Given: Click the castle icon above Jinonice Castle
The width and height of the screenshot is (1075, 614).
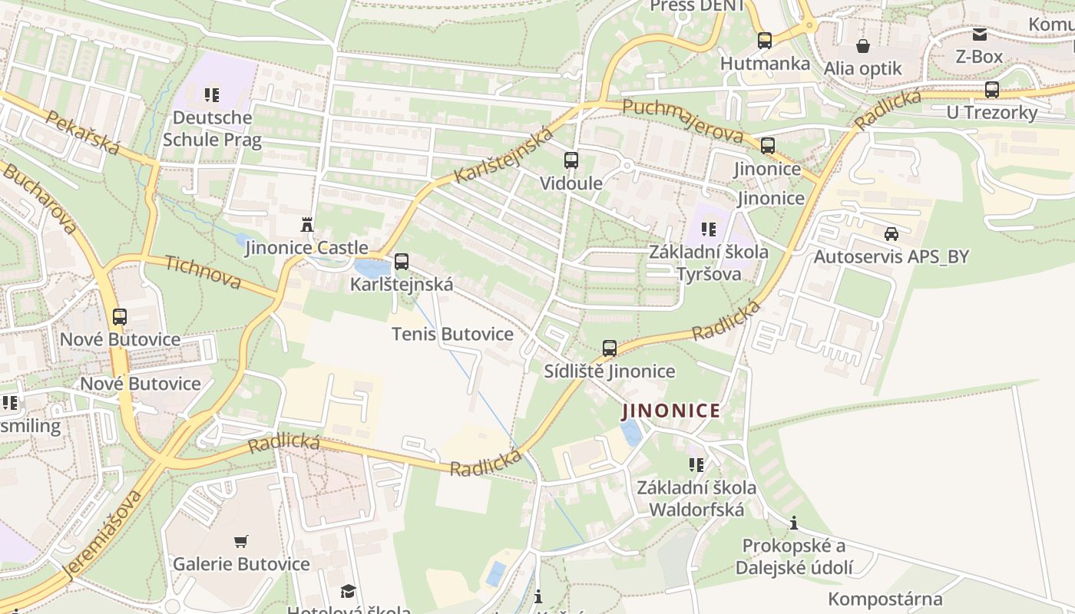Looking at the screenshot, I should point(307,224).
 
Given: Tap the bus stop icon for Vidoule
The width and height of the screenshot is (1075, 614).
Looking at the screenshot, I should point(571,160).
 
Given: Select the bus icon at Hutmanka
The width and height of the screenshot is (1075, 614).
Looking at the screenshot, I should point(764,41).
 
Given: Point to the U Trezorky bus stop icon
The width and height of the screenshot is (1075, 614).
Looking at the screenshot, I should point(992,90).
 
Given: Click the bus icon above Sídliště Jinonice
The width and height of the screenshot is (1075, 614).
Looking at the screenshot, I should point(610,348).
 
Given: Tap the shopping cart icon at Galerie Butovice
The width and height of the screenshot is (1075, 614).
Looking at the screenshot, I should point(241,541).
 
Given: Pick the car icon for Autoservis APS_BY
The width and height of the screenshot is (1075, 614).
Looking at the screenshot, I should point(891,233).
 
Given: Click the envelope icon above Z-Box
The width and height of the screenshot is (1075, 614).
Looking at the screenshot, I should point(979,35).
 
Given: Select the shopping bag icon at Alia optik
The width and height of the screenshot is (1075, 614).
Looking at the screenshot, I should point(863,46).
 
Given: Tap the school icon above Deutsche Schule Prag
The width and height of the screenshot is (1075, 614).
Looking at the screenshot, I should point(212,95).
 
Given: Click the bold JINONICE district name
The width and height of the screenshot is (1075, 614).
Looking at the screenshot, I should point(671,411).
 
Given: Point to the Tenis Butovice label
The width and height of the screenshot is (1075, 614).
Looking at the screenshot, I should point(452,334).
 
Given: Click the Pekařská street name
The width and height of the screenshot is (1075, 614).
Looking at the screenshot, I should point(82,133).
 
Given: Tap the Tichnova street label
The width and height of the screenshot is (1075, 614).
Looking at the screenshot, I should point(203,272).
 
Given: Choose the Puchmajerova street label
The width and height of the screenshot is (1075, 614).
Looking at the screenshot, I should point(683,121).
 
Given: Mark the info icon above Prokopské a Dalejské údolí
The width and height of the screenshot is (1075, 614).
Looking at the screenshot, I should point(793,523).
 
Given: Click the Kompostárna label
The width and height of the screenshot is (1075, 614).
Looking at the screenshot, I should point(885,599).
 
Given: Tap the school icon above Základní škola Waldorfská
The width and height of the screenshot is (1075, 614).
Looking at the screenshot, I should point(696,464).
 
